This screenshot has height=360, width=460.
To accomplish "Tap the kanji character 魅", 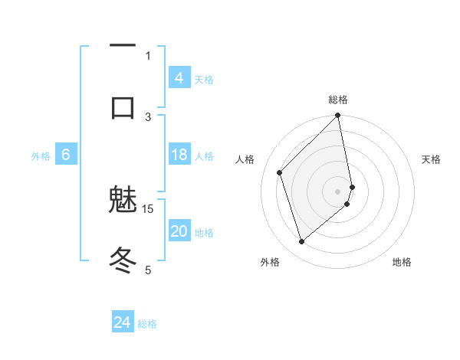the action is [123, 201].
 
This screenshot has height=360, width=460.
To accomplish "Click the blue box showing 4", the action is [179, 78].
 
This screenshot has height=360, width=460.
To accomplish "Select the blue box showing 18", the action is [179, 155].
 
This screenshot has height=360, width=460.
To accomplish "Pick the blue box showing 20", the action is [179, 231].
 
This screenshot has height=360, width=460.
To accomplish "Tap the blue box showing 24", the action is [123, 322].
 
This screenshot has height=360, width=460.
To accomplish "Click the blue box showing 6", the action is [66, 155].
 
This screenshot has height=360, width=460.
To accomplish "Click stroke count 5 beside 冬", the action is [148, 269].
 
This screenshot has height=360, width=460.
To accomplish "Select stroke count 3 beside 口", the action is [148, 116].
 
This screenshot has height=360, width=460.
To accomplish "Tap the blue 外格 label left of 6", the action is [41, 155].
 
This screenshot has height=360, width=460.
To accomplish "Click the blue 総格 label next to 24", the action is [147, 324].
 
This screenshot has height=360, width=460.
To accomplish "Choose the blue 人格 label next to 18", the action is [204, 155].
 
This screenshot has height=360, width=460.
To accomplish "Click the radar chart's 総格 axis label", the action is [338, 100].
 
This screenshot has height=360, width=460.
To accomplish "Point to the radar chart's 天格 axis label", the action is [432, 159].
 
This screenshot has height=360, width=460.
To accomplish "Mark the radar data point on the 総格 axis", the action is [338, 116].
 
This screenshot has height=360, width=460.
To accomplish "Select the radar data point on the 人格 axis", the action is [280, 172].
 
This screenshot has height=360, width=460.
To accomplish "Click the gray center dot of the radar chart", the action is [338, 191].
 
